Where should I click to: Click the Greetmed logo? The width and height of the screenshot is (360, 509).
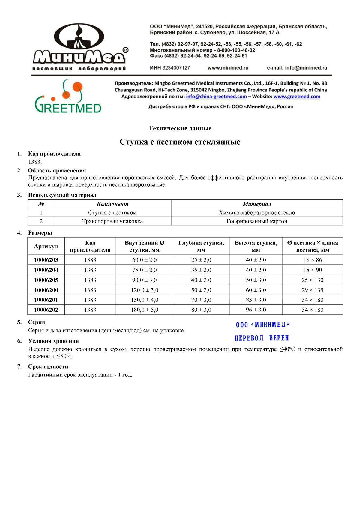click(x=68, y=97)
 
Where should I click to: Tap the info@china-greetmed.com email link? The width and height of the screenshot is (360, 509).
click(x=216, y=97)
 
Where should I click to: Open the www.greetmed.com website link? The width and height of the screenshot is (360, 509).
click(x=297, y=97)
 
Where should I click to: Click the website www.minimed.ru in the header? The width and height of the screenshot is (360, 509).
click(x=228, y=68)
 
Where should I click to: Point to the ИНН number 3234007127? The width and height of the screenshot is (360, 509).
click(x=176, y=68)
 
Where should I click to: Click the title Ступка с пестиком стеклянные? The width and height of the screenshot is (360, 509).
click(x=180, y=142)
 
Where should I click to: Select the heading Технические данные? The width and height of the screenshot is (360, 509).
click(x=180, y=128)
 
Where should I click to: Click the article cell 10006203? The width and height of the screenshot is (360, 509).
click(x=46, y=260)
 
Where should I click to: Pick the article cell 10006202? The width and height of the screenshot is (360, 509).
click(x=46, y=310)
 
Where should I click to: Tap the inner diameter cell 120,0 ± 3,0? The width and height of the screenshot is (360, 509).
click(x=144, y=290)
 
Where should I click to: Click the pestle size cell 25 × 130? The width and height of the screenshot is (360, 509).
click(x=313, y=280)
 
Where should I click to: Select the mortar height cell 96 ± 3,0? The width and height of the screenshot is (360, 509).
click(x=256, y=310)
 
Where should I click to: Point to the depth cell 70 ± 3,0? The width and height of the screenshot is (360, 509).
click(x=201, y=300)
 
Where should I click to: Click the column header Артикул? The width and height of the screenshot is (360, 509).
click(x=46, y=246)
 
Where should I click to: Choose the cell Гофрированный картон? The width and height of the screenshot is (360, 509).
click(x=257, y=221)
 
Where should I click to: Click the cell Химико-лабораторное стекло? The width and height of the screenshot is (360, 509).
click(x=257, y=213)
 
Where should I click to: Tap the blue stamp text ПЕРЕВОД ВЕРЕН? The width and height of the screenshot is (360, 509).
click(x=262, y=338)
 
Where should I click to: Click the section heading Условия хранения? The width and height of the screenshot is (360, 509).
click(x=53, y=341)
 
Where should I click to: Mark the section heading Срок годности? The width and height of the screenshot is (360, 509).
click(x=48, y=367)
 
